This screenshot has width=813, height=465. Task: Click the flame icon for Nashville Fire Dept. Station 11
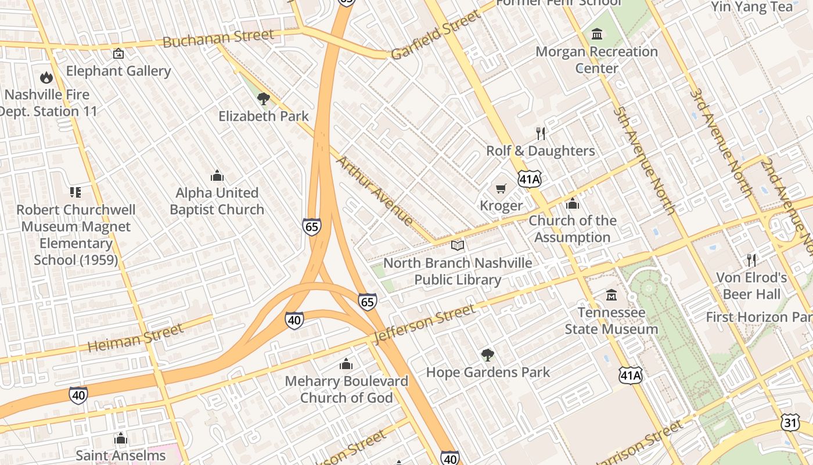[x=46, y=77]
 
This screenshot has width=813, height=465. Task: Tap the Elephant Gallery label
[x=118, y=71]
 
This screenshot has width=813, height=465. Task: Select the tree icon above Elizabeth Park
[x=264, y=98]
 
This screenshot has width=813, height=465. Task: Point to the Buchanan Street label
[x=218, y=39]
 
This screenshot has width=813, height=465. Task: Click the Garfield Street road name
[x=436, y=35]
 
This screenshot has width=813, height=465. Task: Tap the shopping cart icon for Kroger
[x=501, y=188]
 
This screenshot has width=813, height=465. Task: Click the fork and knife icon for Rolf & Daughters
[x=541, y=134]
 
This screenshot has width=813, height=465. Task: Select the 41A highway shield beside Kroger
[x=530, y=180]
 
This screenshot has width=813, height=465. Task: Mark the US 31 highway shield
[x=790, y=423]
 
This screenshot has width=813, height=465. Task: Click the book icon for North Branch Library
[x=458, y=245]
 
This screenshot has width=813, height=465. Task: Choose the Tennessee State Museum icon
[x=611, y=295]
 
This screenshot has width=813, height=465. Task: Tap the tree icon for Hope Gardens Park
[x=488, y=355]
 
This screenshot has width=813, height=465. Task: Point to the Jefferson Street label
[x=425, y=324]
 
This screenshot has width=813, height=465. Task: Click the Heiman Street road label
[x=135, y=338]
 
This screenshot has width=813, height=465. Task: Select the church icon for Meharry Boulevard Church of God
[x=346, y=364]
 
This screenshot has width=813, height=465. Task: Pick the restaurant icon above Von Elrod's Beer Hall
[x=751, y=260]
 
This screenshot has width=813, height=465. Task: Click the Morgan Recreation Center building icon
[x=597, y=34]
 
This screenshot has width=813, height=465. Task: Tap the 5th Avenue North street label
[x=645, y=160]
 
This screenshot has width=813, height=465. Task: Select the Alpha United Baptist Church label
[x=217, y=201]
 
